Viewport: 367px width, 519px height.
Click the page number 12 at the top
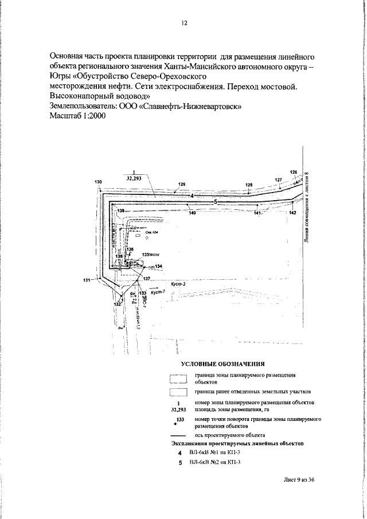(x=184, y=24)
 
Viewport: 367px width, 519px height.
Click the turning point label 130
(x=98, y=182)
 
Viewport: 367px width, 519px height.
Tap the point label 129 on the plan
(x=182, y=184)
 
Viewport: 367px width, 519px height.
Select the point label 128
(x=249, y=185)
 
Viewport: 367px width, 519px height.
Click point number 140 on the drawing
(x=192, y=213)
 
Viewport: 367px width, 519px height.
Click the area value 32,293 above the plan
(x=134, y=178)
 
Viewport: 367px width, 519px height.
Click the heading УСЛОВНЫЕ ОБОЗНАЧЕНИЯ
(x=222, y=364)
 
